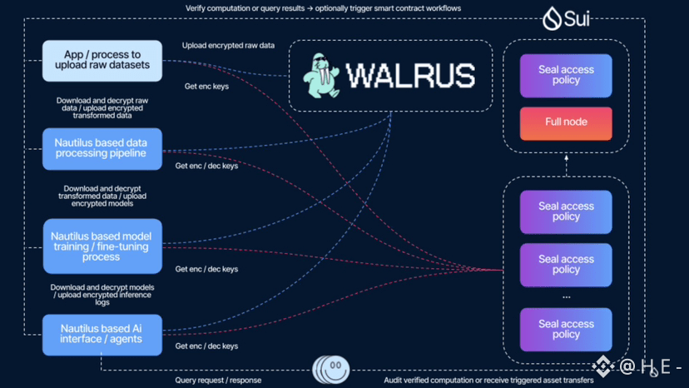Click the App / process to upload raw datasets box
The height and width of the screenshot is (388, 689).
[x=102, y=61]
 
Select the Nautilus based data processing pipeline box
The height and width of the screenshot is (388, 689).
[x=102, y=148]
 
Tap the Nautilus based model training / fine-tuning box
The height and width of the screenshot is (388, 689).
[x=102, y=246]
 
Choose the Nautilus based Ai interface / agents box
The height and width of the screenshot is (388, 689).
[x=102, y=333]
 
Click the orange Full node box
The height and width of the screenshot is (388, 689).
[x=566, y=122]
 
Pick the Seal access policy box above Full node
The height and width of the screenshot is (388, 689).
[x=566, y=76]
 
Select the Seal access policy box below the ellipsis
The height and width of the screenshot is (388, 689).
[x=566, y=329]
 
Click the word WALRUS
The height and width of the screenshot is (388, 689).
[x=409, y=74]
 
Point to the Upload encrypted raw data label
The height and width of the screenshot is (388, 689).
[x=228, y=45]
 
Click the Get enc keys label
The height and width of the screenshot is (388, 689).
[x=206, y=86]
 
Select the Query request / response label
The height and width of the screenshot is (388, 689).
[x=218, y=381]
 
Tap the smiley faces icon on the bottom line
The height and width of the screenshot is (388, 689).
[x=330, y=369]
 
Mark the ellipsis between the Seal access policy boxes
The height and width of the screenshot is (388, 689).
[x=566, y=296]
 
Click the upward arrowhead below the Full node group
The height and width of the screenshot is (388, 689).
[x=566, y=164]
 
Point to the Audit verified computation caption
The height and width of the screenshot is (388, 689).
[x=488, y=381]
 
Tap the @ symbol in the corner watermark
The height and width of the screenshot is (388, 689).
[x=627, y=366]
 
